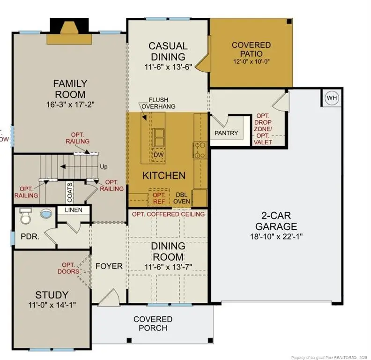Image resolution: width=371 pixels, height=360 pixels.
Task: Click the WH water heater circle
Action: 332,98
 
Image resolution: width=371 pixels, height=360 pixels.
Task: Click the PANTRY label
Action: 226,133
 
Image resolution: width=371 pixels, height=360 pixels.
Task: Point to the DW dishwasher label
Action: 158,155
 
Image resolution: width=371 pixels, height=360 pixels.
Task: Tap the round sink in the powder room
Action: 46,214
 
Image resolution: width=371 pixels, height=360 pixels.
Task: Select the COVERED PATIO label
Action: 251,49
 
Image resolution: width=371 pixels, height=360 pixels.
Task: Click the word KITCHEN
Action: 164,176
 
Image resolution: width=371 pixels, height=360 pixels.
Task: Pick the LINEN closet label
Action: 74,210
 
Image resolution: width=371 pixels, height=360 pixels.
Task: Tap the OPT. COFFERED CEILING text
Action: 168,214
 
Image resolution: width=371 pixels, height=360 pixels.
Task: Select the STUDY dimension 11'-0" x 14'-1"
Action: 52,305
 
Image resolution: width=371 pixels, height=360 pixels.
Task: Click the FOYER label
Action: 109,266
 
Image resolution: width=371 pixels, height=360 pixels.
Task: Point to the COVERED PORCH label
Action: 153,323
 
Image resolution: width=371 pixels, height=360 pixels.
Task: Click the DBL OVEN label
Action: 182,198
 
